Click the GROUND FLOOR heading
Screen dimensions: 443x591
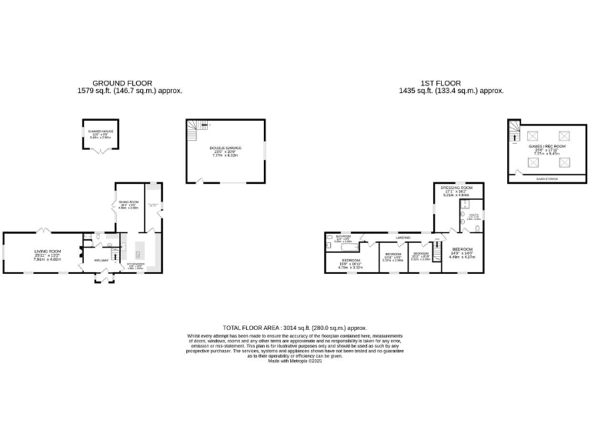122,82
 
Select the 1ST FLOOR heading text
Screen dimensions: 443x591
440,82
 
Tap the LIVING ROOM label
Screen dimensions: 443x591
47,251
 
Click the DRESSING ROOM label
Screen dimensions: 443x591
456,187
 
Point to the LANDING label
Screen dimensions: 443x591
403,237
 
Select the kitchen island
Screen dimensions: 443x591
140,251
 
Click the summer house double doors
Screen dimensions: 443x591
98,151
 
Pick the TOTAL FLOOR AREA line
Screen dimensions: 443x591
295,327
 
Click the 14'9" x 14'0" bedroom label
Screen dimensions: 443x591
463,252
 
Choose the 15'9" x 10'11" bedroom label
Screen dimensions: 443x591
351,262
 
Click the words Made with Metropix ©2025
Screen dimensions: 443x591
295,361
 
